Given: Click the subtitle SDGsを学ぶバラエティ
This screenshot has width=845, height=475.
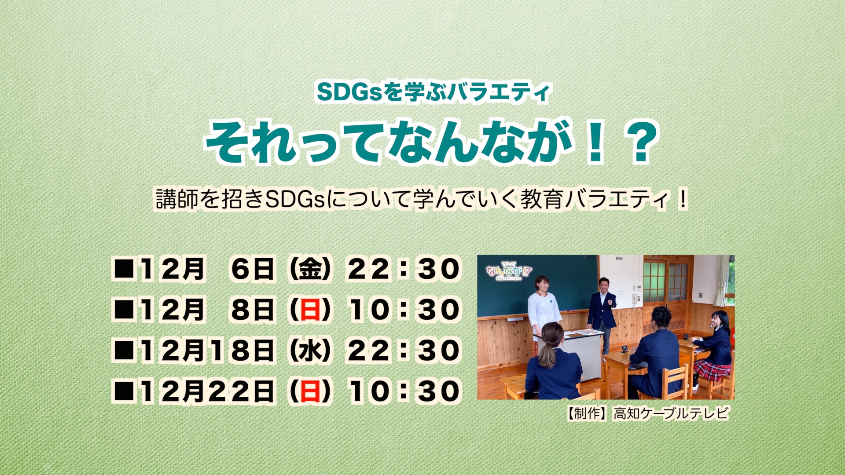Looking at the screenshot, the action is pyautogui.click(x=433, y=92).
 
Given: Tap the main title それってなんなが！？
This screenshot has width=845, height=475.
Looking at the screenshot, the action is pyautogui.click(x=432, y=142).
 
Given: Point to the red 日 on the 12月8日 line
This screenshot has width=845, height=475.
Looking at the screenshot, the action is pyautogui.click(x=310, y=310).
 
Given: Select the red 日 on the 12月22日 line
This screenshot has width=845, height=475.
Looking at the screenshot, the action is pyautogui.click(x=310, y=391).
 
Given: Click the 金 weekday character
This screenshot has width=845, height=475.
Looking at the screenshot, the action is pyautogui.click(x=310, y=269).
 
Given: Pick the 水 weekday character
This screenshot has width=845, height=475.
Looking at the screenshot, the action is pyautogui.click(x=310, y=351).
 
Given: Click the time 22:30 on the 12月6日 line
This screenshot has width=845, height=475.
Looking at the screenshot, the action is pyautogui.click(x=404, y=269).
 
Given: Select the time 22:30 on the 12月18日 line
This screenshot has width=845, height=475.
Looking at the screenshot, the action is pyautogui.click(x=404, y=351).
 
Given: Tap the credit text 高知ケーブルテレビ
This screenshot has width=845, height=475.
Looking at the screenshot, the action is pyautogui.click(x=671, y=413).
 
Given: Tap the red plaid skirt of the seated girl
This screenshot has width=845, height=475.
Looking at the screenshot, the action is pyautogui.click(x=712, y=370).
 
